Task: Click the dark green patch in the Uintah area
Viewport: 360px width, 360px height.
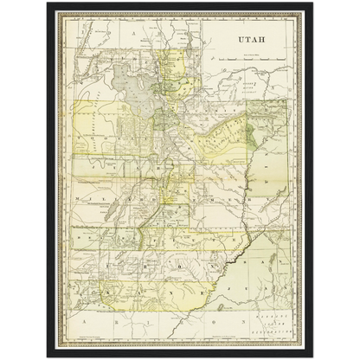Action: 250,135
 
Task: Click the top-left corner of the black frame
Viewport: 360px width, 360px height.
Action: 46,3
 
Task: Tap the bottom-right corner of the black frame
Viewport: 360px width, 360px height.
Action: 314,357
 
